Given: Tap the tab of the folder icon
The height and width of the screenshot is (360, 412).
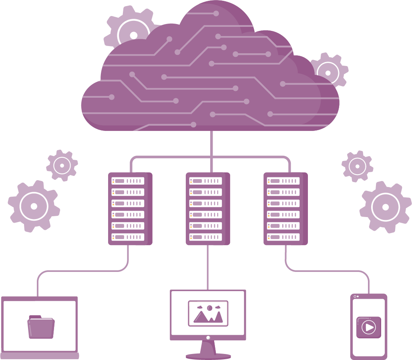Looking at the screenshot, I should coord(35,317).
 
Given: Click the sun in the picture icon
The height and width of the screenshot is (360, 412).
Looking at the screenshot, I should coord(209,308).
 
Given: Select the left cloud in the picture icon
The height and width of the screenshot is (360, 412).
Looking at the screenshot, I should coord(200,308).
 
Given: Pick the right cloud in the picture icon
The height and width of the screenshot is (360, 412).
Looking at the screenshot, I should coord(218,307).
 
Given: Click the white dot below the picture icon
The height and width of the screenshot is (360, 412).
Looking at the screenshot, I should coord(208,338).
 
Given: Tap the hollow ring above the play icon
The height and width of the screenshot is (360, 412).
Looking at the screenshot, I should coord(355,296).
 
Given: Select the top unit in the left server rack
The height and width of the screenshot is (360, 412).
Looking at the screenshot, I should coord(128,181).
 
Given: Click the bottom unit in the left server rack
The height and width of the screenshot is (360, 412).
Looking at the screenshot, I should coord(128,237).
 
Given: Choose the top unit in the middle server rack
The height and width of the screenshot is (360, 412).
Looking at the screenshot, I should coord(205,181).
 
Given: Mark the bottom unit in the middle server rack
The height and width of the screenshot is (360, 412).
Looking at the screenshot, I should coord(205,237).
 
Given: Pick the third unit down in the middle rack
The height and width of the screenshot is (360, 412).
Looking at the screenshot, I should coord(205,203).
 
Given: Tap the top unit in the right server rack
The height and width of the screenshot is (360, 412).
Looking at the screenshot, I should coord(283,181).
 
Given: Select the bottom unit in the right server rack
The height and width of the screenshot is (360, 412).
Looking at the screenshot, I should coord(283,237).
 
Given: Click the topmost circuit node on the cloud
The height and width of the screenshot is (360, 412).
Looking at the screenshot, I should coord(216,14).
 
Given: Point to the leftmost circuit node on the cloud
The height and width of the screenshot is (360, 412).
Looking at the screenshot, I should coord(112,97).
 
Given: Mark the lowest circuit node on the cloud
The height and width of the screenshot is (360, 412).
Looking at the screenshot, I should coord(193,125).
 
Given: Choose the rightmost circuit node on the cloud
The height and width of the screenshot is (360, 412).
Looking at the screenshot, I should coord(283,84).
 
